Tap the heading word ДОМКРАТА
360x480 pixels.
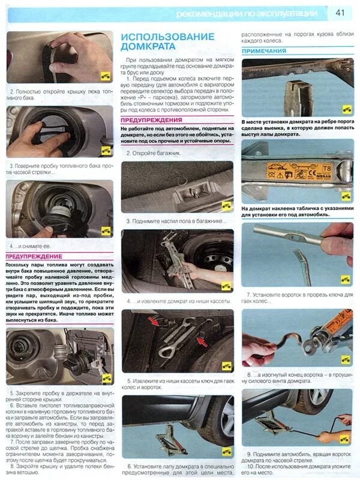tap(148, 46)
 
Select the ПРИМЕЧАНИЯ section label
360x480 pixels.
tap(264, 52)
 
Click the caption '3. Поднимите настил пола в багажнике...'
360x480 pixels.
tap(176, 221)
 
